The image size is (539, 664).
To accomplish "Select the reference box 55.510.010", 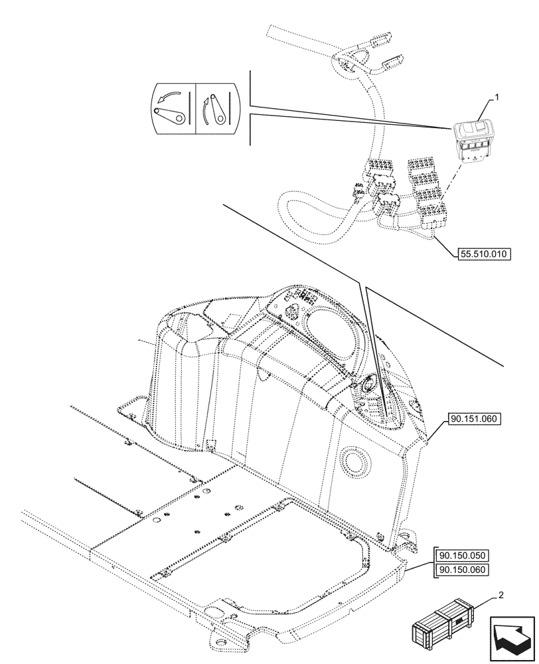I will pyautogui.click(x=488, y=254).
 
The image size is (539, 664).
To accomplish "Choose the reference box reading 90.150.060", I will pyautogui.click(x=464, y=570).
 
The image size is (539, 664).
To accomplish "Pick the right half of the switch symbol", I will pyautogui.click(x=216, y=108).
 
